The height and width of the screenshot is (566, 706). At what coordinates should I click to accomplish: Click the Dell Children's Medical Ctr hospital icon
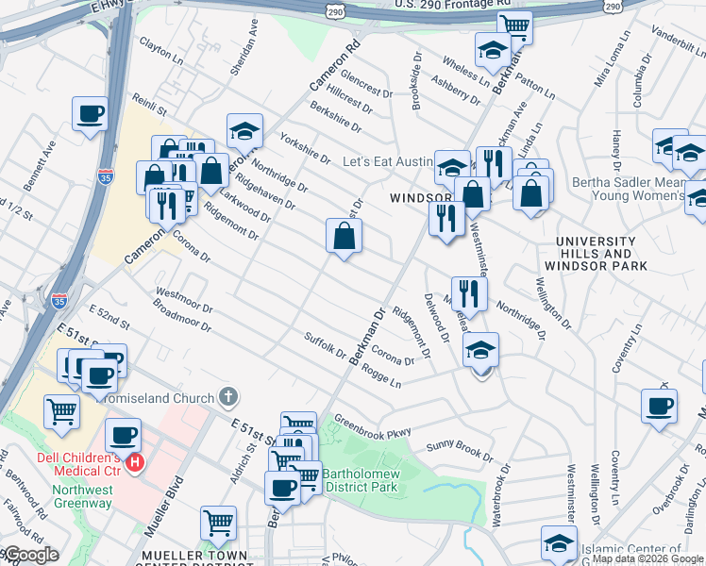tap(135, 463)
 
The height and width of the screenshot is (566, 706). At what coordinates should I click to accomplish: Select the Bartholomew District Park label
tap(361, 480)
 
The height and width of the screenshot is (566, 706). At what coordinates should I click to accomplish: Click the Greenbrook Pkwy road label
tap(373, 427)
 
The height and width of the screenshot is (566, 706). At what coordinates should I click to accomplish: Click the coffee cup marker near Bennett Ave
tap(91, 113)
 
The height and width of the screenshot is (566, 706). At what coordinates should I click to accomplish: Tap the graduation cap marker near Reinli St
tap(244, 131)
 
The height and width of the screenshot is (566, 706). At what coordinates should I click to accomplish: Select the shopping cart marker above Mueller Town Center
tap(218, 523)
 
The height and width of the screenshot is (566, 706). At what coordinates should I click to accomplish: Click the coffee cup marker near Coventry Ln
tap(659, 406)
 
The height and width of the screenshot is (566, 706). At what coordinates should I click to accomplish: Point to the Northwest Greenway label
tap(82, 496)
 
